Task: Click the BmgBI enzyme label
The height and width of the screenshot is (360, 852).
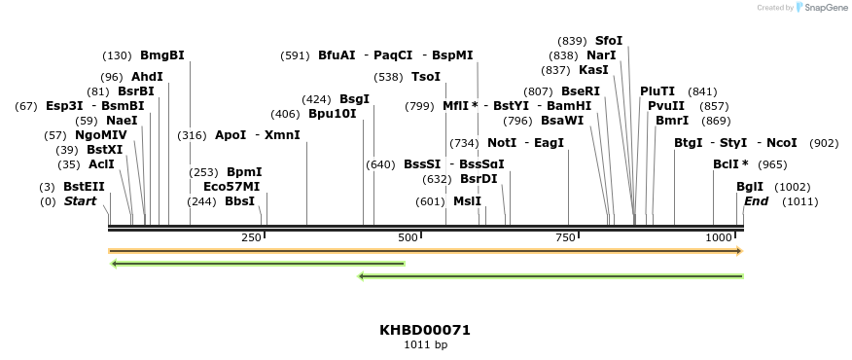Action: point(162,55)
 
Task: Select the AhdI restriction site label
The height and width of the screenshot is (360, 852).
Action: point(147,77)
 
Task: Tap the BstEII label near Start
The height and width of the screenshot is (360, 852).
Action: point(84,187)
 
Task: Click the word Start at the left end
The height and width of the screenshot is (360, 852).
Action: point(80,201)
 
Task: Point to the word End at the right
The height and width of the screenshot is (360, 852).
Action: point(756,201)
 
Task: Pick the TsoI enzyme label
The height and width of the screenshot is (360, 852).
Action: point(426,77)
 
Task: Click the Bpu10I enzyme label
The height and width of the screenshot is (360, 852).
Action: point(333,114)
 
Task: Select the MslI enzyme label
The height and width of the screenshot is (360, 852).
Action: point(467,201)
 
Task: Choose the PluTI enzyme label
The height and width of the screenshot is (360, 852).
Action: point(657,91)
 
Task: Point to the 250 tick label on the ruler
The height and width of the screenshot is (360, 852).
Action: point(251,238)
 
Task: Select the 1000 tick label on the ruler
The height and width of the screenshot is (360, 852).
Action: point(719,238)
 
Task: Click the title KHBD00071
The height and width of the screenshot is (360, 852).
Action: point(425,330)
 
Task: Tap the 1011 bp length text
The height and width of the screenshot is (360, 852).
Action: point(425,344)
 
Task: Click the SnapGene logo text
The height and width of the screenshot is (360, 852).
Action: point(822,8)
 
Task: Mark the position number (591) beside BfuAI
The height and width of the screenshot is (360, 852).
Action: point(295,55)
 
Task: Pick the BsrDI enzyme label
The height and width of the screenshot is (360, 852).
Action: point(479,179)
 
